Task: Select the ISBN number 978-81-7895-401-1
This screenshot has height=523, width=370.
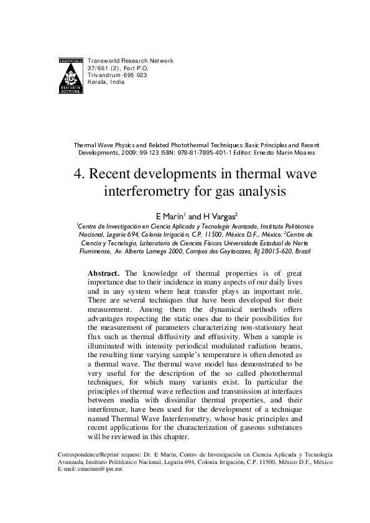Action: [x=215, y=152]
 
